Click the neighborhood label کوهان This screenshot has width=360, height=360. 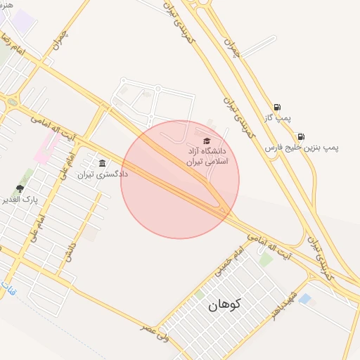224,304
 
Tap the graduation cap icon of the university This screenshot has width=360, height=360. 206,141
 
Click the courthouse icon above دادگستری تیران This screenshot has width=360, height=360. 103,163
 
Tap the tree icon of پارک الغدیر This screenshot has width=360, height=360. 19,188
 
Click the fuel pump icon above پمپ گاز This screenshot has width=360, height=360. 277,108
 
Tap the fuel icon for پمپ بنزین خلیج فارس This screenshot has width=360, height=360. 301,136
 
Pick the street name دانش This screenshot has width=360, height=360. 69,250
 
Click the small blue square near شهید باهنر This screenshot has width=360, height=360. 304,299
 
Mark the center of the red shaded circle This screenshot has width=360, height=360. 180,179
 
